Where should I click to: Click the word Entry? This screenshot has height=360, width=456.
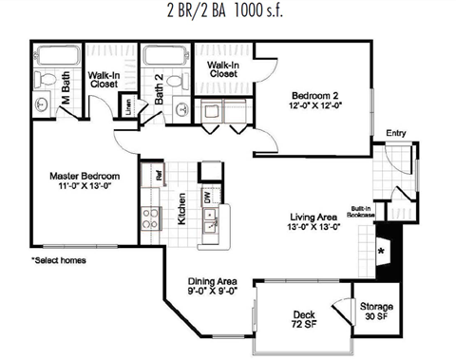click(396, 133)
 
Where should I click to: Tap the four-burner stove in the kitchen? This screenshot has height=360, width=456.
click(150, 219)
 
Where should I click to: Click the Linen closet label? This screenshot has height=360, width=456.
click(129, 105)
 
